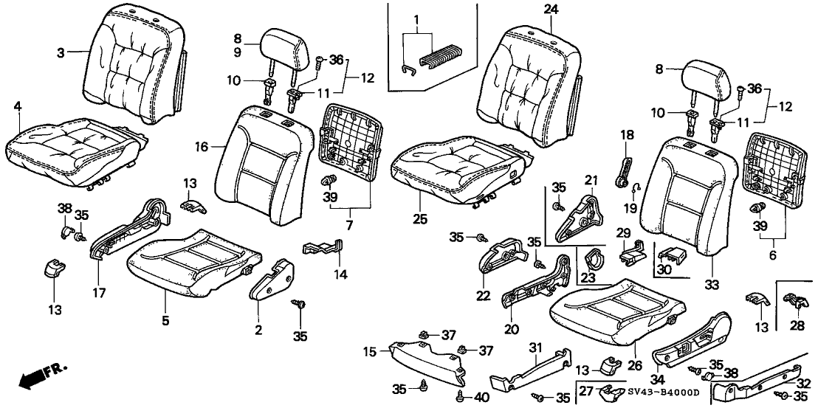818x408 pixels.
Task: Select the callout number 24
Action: coord(550,9)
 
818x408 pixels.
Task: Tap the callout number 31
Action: coord(536,346)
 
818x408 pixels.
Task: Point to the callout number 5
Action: coord(165,320)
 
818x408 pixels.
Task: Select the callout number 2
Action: coord(259,329)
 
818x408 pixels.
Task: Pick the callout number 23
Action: coord(588,278)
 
